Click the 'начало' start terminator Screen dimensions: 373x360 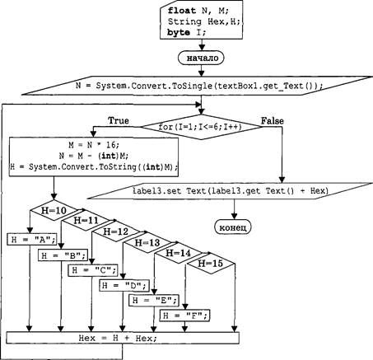(201, 58)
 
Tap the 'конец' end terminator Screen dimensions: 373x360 (233, 227)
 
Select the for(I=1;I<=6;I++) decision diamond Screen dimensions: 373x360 (201, 127)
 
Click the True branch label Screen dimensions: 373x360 (119, 120)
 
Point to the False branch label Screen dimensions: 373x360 (272, 121)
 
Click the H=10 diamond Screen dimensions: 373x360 (54, 211)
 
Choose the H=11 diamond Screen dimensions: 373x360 (86, 220)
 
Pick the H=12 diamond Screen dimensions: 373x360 (116, 231)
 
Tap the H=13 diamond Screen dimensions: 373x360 (147, 242)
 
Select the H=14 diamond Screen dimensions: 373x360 (178, 253)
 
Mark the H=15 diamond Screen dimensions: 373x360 (210, 264)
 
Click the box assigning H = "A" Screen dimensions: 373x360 (32, 240)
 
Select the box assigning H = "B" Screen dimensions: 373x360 (63, 255)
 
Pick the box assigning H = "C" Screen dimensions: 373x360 (93, 270)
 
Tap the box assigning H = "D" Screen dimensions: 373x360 (124, 286)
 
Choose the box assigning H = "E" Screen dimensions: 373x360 (154, 300)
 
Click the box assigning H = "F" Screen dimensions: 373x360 (184, 316)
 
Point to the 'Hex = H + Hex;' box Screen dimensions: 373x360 (123, 338)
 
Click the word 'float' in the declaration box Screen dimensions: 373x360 (182, 11)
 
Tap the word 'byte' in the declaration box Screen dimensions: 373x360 (179, 33)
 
